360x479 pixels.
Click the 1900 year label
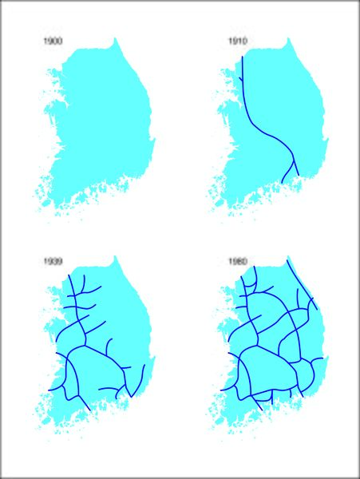55,40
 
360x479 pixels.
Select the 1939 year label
55,260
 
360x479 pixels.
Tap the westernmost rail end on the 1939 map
49,390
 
